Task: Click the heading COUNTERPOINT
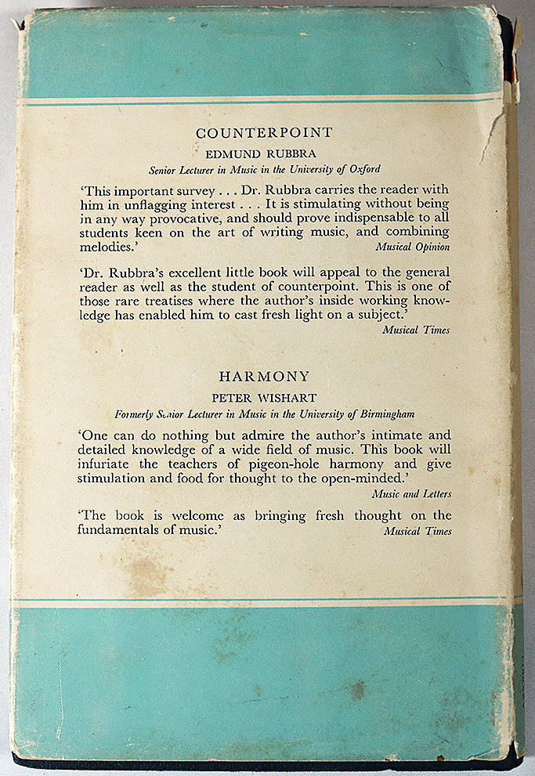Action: click(264, 133)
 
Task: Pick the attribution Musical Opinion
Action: click(412, 247)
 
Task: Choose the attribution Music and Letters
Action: click(412, 494)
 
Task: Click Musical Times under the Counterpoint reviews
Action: click(416, 330)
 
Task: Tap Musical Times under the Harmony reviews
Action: click(418, 531)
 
